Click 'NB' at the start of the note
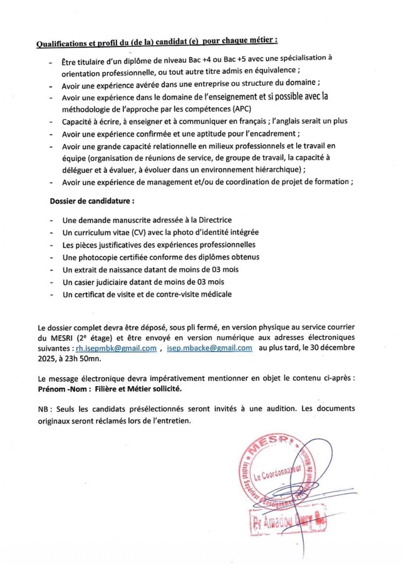(x=43, y=409)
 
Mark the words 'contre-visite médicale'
(x=189, y=293)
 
